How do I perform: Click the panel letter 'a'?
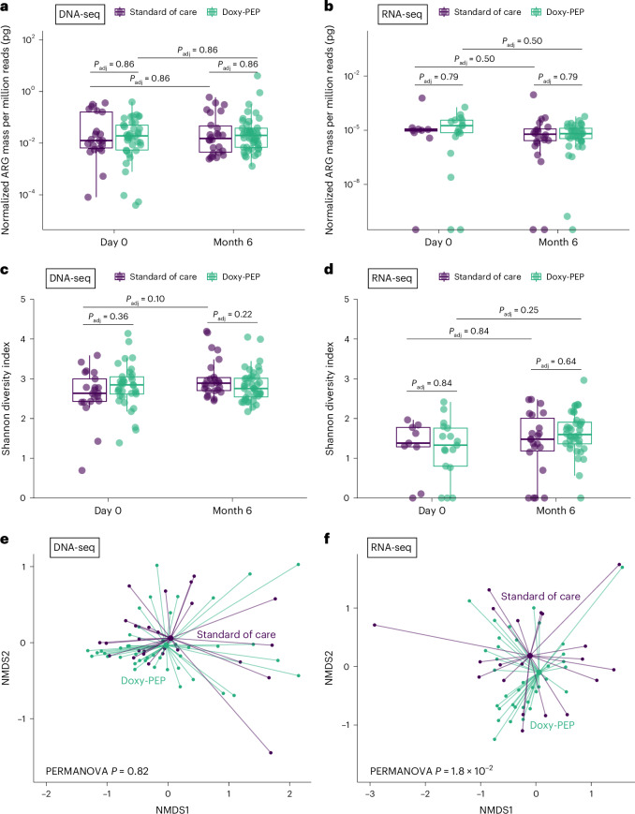pos(7,8)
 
